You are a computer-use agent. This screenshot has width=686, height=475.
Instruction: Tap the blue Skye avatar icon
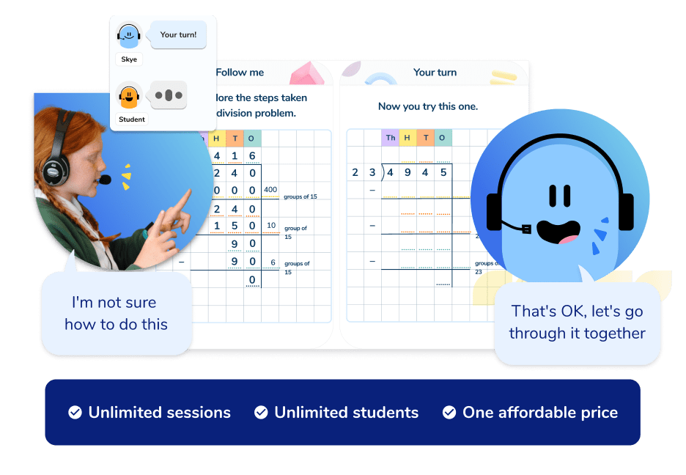(128, 34)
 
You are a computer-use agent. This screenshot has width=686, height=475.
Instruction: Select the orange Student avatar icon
(128, 95)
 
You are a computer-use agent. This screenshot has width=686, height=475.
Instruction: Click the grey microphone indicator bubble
(169, 95)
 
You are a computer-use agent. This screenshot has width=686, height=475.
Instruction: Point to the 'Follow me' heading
(240, 73)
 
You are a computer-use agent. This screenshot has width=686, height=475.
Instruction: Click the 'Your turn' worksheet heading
(435, 73)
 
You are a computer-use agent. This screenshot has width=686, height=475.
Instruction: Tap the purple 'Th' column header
(391, 138)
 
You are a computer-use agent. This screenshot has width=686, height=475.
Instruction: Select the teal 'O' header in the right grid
(443, 138)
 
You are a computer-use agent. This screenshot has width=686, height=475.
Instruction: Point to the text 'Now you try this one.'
(428, 106)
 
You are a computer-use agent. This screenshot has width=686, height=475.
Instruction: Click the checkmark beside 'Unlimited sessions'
(75, 413)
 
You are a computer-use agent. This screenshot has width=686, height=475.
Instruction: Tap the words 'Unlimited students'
(346, 413)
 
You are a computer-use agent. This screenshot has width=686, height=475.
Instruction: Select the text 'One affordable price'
(540, 413)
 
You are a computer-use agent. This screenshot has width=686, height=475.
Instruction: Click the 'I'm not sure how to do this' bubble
(116, 313)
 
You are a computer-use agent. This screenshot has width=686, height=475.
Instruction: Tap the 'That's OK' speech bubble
(577, 323)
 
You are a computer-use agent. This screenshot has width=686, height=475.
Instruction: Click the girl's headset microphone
(106, 180)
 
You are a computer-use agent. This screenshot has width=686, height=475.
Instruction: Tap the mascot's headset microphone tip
(525, 229)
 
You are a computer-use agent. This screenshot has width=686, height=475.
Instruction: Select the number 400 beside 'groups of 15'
(271, 191)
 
